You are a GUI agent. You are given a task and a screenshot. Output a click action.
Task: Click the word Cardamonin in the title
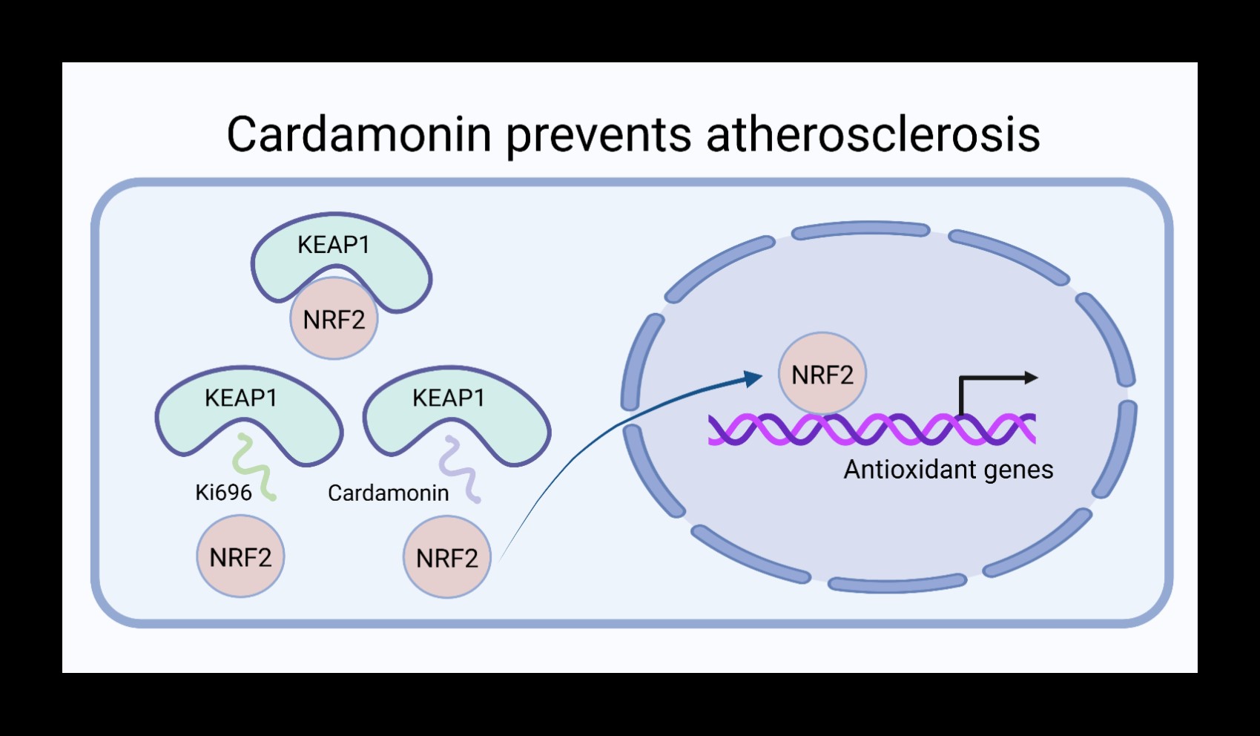pyautogui.click(x=359, y=134)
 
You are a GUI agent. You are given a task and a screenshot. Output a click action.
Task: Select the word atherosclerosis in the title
pyautogui.click(x=873, y=134)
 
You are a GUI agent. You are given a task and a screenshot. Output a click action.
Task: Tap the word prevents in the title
pyautogui.click(x=598, y=136)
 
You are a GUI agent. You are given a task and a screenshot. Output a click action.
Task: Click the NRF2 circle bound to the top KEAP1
pyautogui.click(x=334, y=320)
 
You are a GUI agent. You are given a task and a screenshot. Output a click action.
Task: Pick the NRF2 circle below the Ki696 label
pyautogui.click(x=240, y=557)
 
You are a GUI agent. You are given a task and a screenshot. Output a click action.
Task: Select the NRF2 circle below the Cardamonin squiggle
pyautogui.click(x=447, y=558)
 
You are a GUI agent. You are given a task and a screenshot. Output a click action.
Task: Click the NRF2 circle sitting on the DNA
pyautogui.click(x=822, y=375)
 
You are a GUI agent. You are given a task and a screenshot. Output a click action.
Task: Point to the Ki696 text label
pyautogui.click(x=223, y=493)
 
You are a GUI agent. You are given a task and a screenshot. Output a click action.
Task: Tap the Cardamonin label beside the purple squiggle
pyautogui.click(x=388, y=493)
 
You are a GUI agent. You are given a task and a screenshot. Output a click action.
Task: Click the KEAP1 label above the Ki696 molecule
pyautogui.click(x=241, y=398)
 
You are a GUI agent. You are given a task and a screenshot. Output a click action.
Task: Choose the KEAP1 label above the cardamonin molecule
pyautogui.click(x=449, y=398)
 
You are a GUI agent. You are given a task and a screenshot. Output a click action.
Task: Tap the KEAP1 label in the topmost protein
pyautogui.click(x=334, y=245)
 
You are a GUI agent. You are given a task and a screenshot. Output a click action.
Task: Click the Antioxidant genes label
pyautogui.click(x=948, y=470)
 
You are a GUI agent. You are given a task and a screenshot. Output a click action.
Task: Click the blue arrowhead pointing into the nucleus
pyautogui.click(x=754, y=378)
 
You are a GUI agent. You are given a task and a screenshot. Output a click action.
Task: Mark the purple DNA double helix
pyautogui.click(x=871, y=430)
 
